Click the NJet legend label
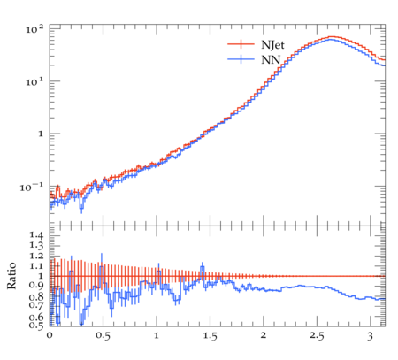[x=272, y=45]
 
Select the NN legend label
[x=271, y=59]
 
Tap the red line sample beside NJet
[x=241, y=44]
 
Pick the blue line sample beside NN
[x=241, y=59]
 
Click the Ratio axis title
[x=11, y=276]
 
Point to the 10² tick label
[x=34, y=29]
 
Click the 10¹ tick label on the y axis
[x=34, y=81]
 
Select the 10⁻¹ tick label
[x=32, y=187]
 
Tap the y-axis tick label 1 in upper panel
[x=41, y=134]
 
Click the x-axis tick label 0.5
[x=103, y=336]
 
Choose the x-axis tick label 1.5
[x=210, y=336]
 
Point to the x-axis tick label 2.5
[x=317, y=336]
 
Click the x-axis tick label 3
[x=370, y=336]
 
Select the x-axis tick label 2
[x=264, y=335]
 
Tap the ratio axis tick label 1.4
[x=36, y=235]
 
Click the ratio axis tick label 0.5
[x=36, y=325]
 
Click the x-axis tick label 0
[x=50, y=335]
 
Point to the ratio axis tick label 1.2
[x=36, y=256]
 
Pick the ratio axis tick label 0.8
[x=36, y=296]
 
